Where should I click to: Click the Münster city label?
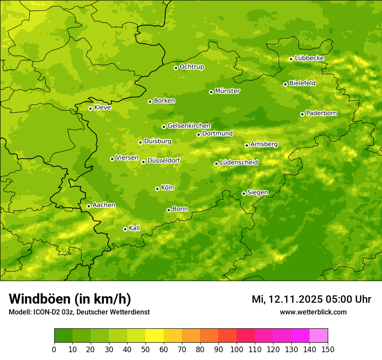tap(227, 91)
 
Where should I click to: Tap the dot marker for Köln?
tap(157, 189)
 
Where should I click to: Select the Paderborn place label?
tap(321, 113)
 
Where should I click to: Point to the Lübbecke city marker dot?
tap(291, 59)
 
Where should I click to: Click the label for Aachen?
tap(104, 205)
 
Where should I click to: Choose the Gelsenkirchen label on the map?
tap(189, 126)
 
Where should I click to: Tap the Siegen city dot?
tap(244, 193)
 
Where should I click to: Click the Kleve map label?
tap(102, 108)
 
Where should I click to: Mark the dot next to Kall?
tap(125, 229)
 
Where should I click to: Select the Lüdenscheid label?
tap(239, 163)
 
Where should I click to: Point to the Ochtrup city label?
tap(191, 67)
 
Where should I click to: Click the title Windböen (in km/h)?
tap(70, 299)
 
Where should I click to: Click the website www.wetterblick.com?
tap(313, 312)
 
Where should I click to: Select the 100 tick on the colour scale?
tap(237, 349)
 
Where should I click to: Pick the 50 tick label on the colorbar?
tap(145, 349)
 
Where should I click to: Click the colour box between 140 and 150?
tap(319, 336)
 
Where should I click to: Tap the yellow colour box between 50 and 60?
tap(155, 336)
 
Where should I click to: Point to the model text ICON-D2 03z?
tap(51, 312)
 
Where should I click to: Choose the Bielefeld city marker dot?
tap(285, 84)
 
